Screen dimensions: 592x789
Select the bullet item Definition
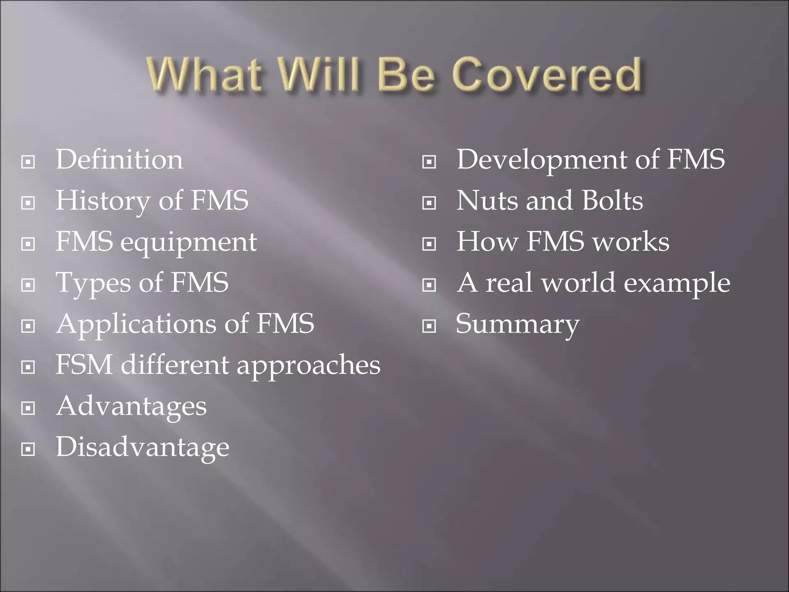tap(119, 160)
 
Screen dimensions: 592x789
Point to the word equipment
tap(188, 243)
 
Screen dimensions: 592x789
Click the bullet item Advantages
tap(131, 406)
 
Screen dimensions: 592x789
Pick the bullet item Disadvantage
tap(143, 447)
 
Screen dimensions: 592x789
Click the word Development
tap(542, 160)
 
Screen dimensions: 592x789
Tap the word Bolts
tap(612, 201)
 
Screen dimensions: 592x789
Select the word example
tap(677, 283)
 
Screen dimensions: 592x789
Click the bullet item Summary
tap(517, 325)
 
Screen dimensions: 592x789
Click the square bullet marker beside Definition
tap(28, 162)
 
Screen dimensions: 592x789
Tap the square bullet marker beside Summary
tap(429, 326)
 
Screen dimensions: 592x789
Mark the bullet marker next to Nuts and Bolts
tap(429, 203)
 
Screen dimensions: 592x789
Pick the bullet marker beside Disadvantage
tap(28, 449)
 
